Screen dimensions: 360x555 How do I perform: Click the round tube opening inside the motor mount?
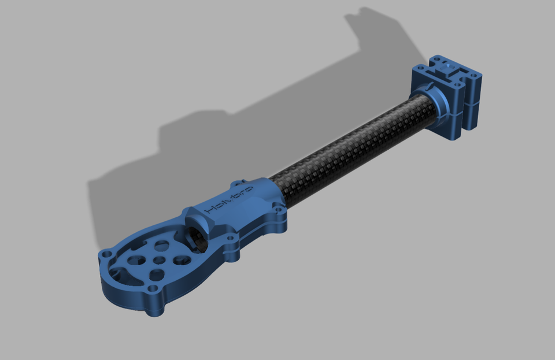point(195,237)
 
